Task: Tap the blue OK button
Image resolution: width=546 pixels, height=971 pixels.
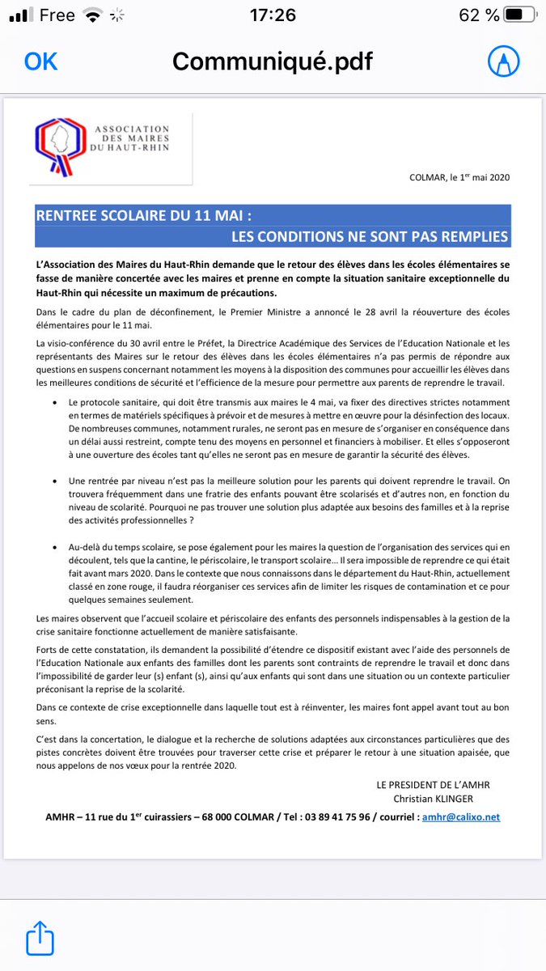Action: (40, 61)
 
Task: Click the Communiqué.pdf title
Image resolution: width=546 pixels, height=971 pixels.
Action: (273, 61)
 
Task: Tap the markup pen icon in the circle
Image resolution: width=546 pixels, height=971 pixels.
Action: (503, 61)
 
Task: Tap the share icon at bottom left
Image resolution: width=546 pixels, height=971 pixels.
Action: (39, 939)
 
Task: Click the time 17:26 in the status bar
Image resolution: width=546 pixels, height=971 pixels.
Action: (273, 15)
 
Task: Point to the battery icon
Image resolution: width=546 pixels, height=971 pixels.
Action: (523, 15)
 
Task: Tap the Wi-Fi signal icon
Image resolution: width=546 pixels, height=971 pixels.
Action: (95, 15)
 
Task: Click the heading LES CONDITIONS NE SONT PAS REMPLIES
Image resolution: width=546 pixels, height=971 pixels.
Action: (370, 236)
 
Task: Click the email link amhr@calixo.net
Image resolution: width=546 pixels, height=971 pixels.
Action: (461, 817)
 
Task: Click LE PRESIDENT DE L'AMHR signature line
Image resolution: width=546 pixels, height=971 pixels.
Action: (433, 785)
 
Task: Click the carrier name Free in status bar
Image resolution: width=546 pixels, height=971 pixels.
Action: (56, 15)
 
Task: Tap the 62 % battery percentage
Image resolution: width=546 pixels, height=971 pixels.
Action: (480, 15)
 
